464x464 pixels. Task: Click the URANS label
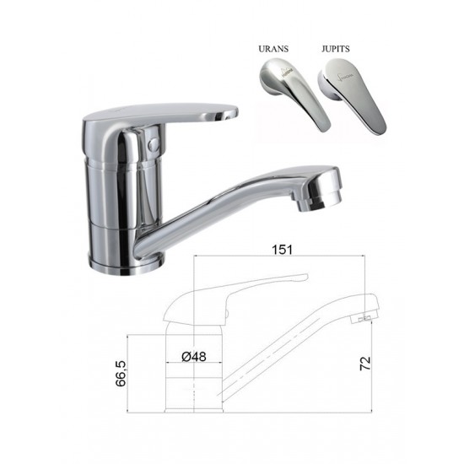273,49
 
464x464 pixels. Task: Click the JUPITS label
336,49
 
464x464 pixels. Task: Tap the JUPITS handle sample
352,95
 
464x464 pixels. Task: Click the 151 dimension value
282,249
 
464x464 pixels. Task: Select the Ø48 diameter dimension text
194,356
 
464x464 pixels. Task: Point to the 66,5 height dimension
121,374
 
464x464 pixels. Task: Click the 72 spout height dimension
365,364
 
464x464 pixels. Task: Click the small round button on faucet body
154,144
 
